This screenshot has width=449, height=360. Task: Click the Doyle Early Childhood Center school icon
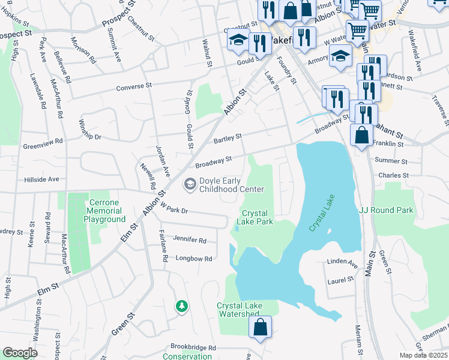click(190, 184)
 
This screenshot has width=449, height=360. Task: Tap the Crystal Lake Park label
click(257, 217)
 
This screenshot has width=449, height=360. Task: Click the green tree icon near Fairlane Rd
click(181, 307)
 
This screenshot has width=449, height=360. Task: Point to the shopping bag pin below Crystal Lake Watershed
click(261, 328)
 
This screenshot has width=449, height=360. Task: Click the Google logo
click(20, 352)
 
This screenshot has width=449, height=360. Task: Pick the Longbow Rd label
click(194, 259)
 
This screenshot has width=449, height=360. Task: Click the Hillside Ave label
click(41, 179)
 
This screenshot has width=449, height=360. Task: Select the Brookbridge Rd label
click(193, 347)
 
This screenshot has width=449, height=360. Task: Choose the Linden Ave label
click(342, 262)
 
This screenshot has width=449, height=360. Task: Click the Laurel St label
click(338, 280)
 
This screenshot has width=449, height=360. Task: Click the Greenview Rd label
click(43, 143)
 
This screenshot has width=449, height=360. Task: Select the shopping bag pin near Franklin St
click(362, 136)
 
